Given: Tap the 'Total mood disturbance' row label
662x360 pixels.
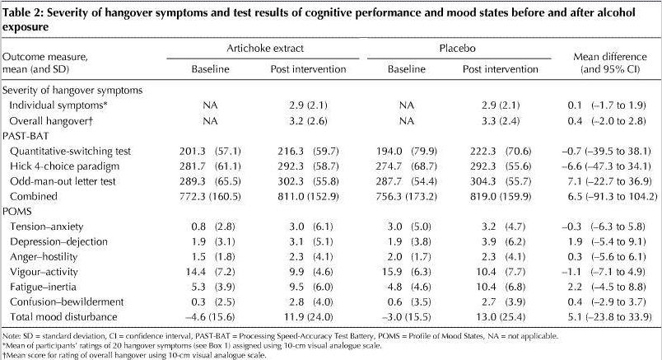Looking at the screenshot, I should [x=63, y=317].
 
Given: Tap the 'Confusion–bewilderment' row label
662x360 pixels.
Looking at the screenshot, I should [x=64, y=301].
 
